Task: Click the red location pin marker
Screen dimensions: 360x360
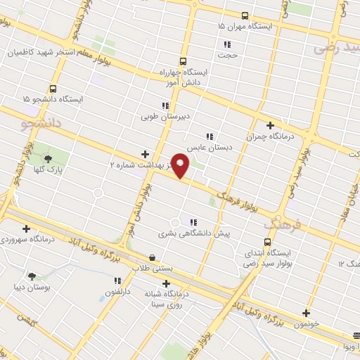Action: [x=181, y=166]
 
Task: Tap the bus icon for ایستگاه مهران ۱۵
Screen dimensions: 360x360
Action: [x=245, y=15]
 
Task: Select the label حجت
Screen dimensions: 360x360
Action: [x=230, y=54]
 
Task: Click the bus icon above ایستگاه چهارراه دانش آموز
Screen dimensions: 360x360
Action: [x=183, y=61]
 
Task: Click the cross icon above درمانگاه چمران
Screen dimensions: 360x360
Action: [x=270, y=125]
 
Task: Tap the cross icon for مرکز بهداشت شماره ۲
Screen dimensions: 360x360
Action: [x=145, y=154]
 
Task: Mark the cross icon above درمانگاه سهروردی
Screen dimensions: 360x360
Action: [x=26, y=228]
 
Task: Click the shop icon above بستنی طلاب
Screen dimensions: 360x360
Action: [x=153, y=257]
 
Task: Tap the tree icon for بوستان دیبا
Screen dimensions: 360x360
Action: [x=32, y=276]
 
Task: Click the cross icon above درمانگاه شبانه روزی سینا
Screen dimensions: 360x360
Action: [x=166, y=284]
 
